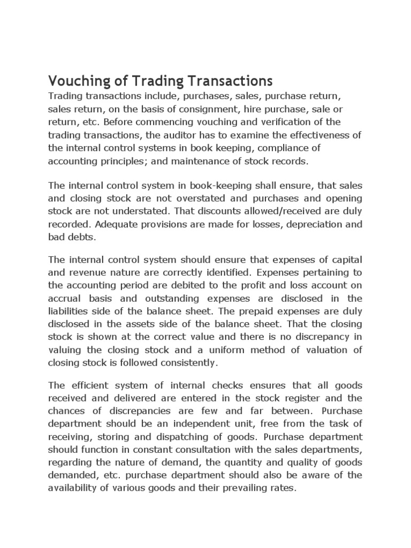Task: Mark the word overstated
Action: click(178, 199)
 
